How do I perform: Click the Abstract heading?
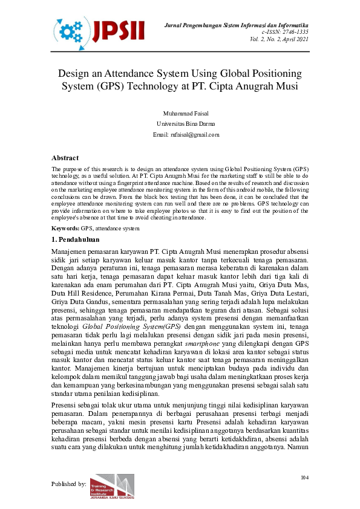(x=65, y=158)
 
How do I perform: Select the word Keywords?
(x=65, y=229)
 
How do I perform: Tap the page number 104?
(x=304, y=478)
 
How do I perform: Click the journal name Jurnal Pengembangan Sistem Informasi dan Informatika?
(x=237, y=24)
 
